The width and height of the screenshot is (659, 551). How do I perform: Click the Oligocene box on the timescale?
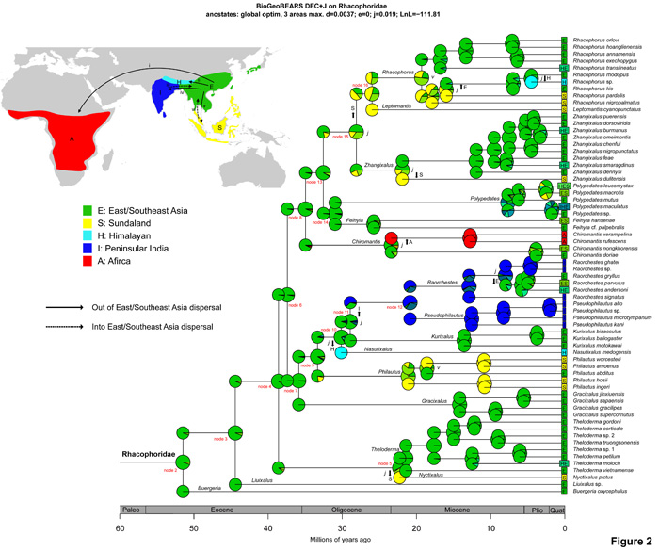(346, 510)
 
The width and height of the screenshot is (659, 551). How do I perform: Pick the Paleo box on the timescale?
(133, 510)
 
